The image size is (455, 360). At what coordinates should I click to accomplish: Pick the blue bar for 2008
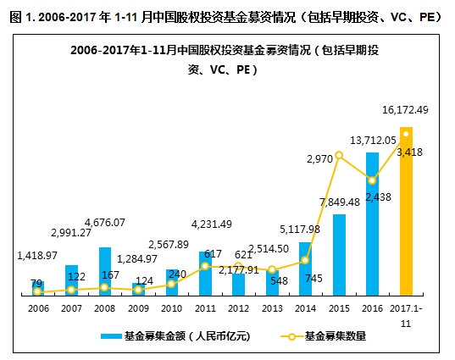104,271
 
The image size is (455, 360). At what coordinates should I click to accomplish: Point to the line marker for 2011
205,267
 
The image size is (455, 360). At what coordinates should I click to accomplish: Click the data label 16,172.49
406,110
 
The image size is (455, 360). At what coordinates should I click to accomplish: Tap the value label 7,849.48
339,202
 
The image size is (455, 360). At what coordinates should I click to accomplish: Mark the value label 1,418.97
37,255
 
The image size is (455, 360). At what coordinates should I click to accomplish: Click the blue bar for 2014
305,269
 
